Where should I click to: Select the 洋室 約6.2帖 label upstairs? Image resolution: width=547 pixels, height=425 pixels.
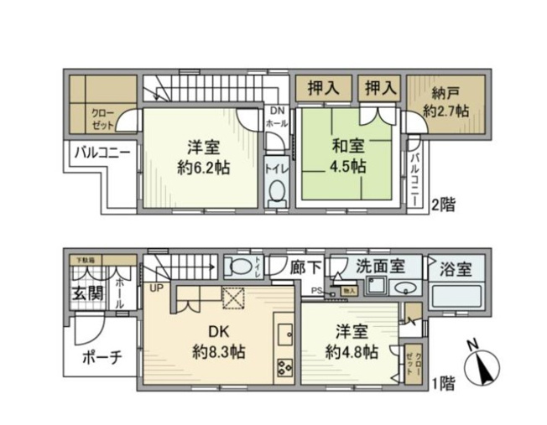(x=202, y=155)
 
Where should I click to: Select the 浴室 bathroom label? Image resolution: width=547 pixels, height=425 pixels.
(x=456, y=269)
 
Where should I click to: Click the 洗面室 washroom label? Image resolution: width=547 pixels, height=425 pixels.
(x=380, y=267)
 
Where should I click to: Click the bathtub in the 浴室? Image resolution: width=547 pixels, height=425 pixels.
(x=457, y=298)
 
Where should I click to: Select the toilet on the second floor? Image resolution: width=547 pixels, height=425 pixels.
(x=275, y=190)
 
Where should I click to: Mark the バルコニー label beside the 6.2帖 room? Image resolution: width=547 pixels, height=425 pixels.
(x=100, y=153)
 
